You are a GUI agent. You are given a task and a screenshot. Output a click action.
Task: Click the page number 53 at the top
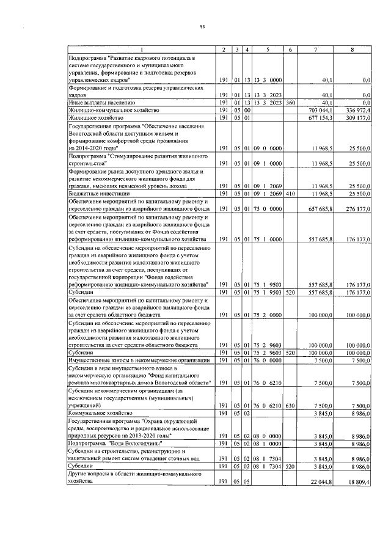[x=202, y=27]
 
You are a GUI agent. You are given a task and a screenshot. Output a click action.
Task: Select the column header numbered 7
[x=315, y=49]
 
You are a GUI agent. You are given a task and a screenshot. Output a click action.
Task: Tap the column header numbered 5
[x=268, y=49]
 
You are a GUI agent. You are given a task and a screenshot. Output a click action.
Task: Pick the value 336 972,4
[x=359, y=110]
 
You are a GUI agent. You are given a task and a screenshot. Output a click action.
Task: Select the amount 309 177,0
[x=359, y=117]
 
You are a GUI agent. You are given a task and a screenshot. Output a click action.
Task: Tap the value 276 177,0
[x=359, y=209]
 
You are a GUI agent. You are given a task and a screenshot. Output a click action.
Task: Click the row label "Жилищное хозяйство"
[x=97, y=117]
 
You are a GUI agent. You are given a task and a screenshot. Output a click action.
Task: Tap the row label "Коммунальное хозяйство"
[x=100, y=414]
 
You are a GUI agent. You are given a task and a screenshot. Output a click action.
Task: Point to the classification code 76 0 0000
[x=268, y=361]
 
